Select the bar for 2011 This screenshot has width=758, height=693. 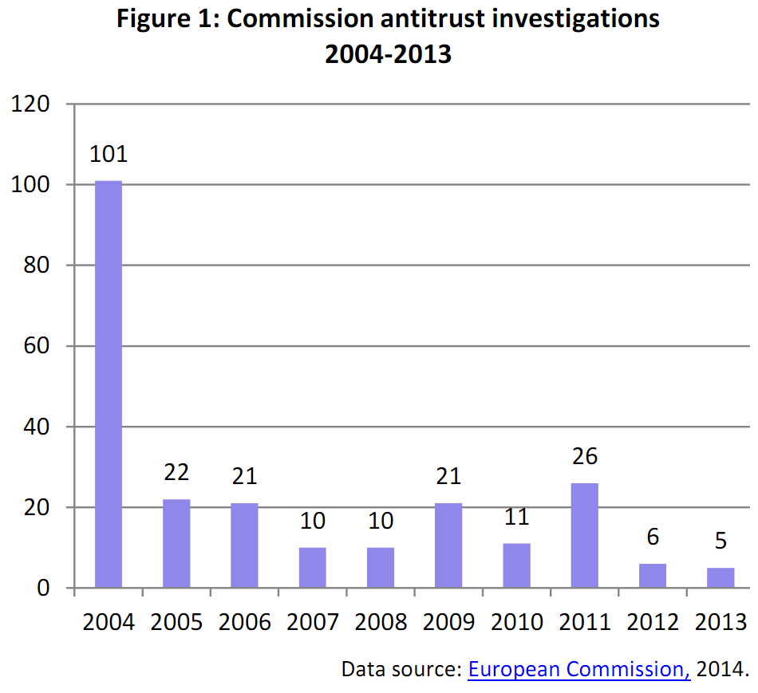pyautogui.click(x=585, y=535)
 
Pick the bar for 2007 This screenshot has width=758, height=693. pyautogui.click(x=313, y=567)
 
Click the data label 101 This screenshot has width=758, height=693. pyautogui.click(x=109, y=154)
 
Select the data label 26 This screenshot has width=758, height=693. pyautogui.click(x=585, y=456)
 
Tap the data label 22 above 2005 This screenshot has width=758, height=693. pyautogui.click(x=176, y=472)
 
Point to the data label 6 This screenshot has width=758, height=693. pyautogui.click(x=653, y=537)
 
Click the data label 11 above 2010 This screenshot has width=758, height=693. pyautogui.click(x=516, y=517)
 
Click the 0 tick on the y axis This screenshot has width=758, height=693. pyautogui.click(x=45, y=589)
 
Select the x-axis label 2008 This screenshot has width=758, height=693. pyautogui.click(x=381, y=622)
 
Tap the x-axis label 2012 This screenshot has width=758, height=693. pyautogui.click(x=653, y=622)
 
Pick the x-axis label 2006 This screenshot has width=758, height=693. pyautogui.click(x=244, y=622)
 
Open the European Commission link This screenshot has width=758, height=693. pyautogui.click(x=579, y=668)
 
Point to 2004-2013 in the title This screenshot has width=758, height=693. pyautogui.click(x=389, y=54)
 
